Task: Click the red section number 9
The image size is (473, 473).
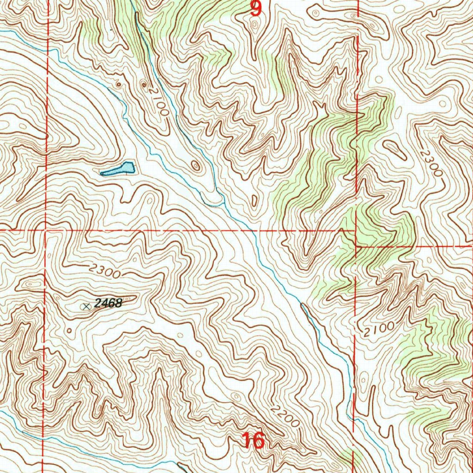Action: pos(256,8)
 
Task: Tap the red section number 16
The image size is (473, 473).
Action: pos(253,441)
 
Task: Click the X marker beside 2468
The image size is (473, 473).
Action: pos(85,306)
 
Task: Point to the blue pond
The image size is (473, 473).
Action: pos(119,169)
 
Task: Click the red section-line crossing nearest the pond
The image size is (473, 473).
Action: pos(46,229)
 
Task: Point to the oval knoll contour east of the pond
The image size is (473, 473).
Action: pos(196,165)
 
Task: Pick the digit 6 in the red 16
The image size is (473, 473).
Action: pos(259,441)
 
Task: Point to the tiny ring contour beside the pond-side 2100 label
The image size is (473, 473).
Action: pos(145,85)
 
